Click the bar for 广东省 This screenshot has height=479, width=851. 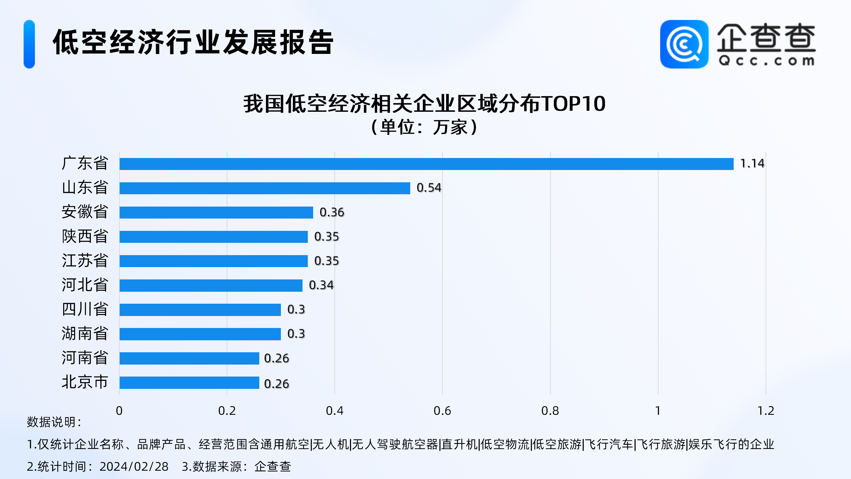426,164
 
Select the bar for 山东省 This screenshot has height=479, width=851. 265,188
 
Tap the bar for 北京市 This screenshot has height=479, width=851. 189,383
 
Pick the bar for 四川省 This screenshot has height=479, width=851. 200,310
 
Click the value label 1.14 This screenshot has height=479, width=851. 752,163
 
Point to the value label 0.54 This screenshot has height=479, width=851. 429,188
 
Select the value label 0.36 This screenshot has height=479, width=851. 332,212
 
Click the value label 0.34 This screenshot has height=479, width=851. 321,285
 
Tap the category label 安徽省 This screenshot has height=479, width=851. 85,212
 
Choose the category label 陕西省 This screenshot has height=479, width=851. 85,236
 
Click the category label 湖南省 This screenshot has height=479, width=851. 85,333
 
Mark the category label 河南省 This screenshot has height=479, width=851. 85,358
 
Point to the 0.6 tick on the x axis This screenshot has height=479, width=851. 442,411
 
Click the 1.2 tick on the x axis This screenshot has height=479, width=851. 766,411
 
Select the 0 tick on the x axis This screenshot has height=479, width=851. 119,411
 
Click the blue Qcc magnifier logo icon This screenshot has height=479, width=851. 684,44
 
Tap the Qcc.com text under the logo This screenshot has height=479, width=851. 766,61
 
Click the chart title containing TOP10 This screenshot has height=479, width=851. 424,104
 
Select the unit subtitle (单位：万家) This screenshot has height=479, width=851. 424,127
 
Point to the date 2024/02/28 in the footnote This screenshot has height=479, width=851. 134,466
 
